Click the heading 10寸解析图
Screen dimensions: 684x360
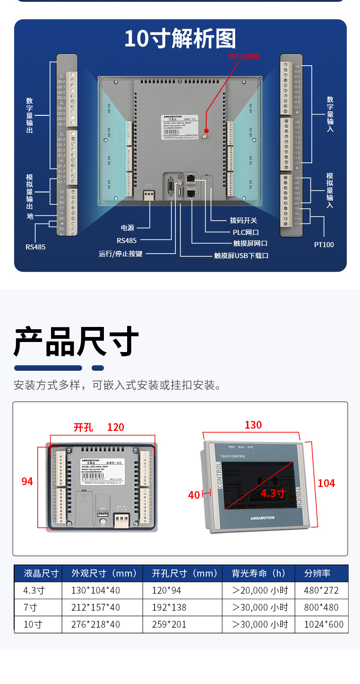[180, 39]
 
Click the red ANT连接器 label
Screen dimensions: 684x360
[244, 56]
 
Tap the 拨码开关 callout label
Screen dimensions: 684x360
[243, 220]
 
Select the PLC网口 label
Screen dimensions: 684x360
[246, 233]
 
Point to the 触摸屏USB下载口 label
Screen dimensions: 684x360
[241, 255]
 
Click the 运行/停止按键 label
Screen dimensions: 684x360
[120, 254]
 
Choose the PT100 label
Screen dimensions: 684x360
[324, 244]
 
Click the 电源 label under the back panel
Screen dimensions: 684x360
[128, 228]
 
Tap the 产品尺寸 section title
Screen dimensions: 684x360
[76, 342]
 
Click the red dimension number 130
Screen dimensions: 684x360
[253, 425]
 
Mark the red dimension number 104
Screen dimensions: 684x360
[326, 483]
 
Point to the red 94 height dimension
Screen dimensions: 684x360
[27, 481]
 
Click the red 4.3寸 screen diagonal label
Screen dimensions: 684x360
[273, 493]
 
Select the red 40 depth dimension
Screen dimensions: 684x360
[194, 495]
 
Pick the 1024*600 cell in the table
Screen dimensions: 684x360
[324, 624]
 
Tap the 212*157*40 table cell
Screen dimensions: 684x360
[96, 607]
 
